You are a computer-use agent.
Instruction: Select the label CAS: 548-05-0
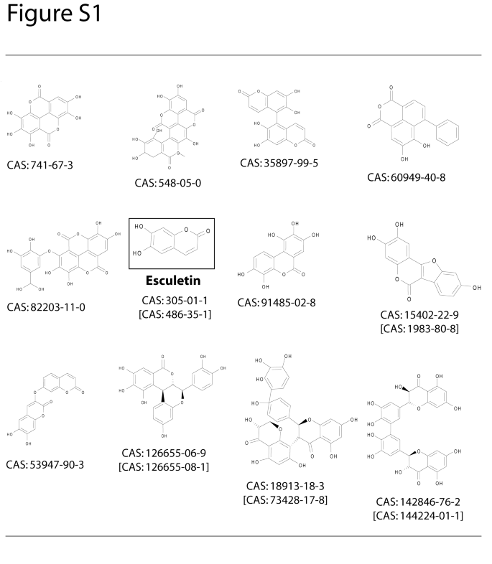167,183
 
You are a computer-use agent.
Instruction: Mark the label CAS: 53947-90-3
45,465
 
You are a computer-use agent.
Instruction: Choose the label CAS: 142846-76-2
417,502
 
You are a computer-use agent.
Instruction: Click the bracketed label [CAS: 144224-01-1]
417,517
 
